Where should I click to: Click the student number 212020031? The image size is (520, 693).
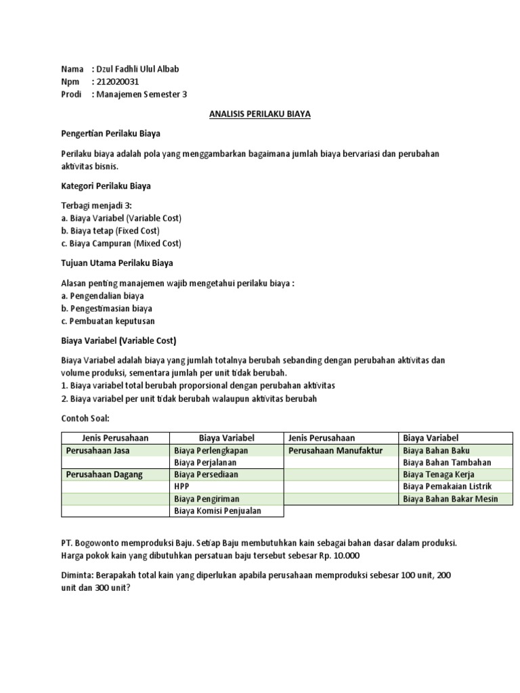[118, 82]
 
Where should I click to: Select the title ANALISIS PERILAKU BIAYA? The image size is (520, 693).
[259, 114]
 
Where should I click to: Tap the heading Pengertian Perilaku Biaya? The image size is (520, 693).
[110, 134]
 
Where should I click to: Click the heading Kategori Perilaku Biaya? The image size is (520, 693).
[106, 186]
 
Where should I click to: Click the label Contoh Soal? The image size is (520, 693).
[85, 418]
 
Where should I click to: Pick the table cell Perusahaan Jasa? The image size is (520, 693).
[97, 451]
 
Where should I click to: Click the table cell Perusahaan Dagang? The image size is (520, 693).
[104, 475]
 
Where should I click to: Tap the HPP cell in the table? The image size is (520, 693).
[181, 487]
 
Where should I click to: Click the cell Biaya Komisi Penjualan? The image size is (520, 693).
[217, 512]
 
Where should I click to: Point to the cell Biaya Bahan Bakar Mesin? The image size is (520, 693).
[450, 499]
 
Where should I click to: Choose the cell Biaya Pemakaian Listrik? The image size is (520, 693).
[447, 487]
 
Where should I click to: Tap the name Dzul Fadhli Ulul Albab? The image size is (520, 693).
[139, 69]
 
